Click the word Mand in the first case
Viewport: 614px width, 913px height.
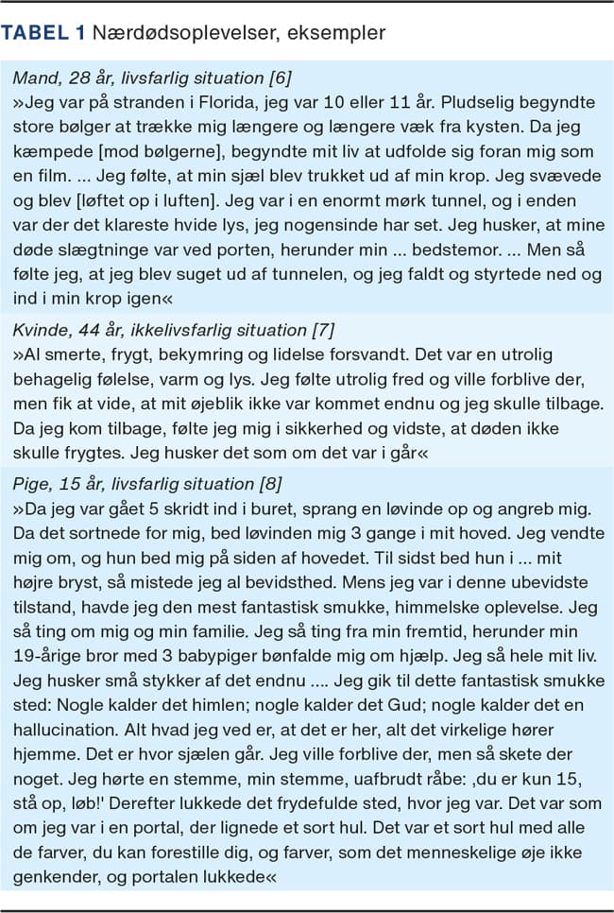pos(31,74)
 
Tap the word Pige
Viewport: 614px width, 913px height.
pos(30,483)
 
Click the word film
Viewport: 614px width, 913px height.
pos(50,171)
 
